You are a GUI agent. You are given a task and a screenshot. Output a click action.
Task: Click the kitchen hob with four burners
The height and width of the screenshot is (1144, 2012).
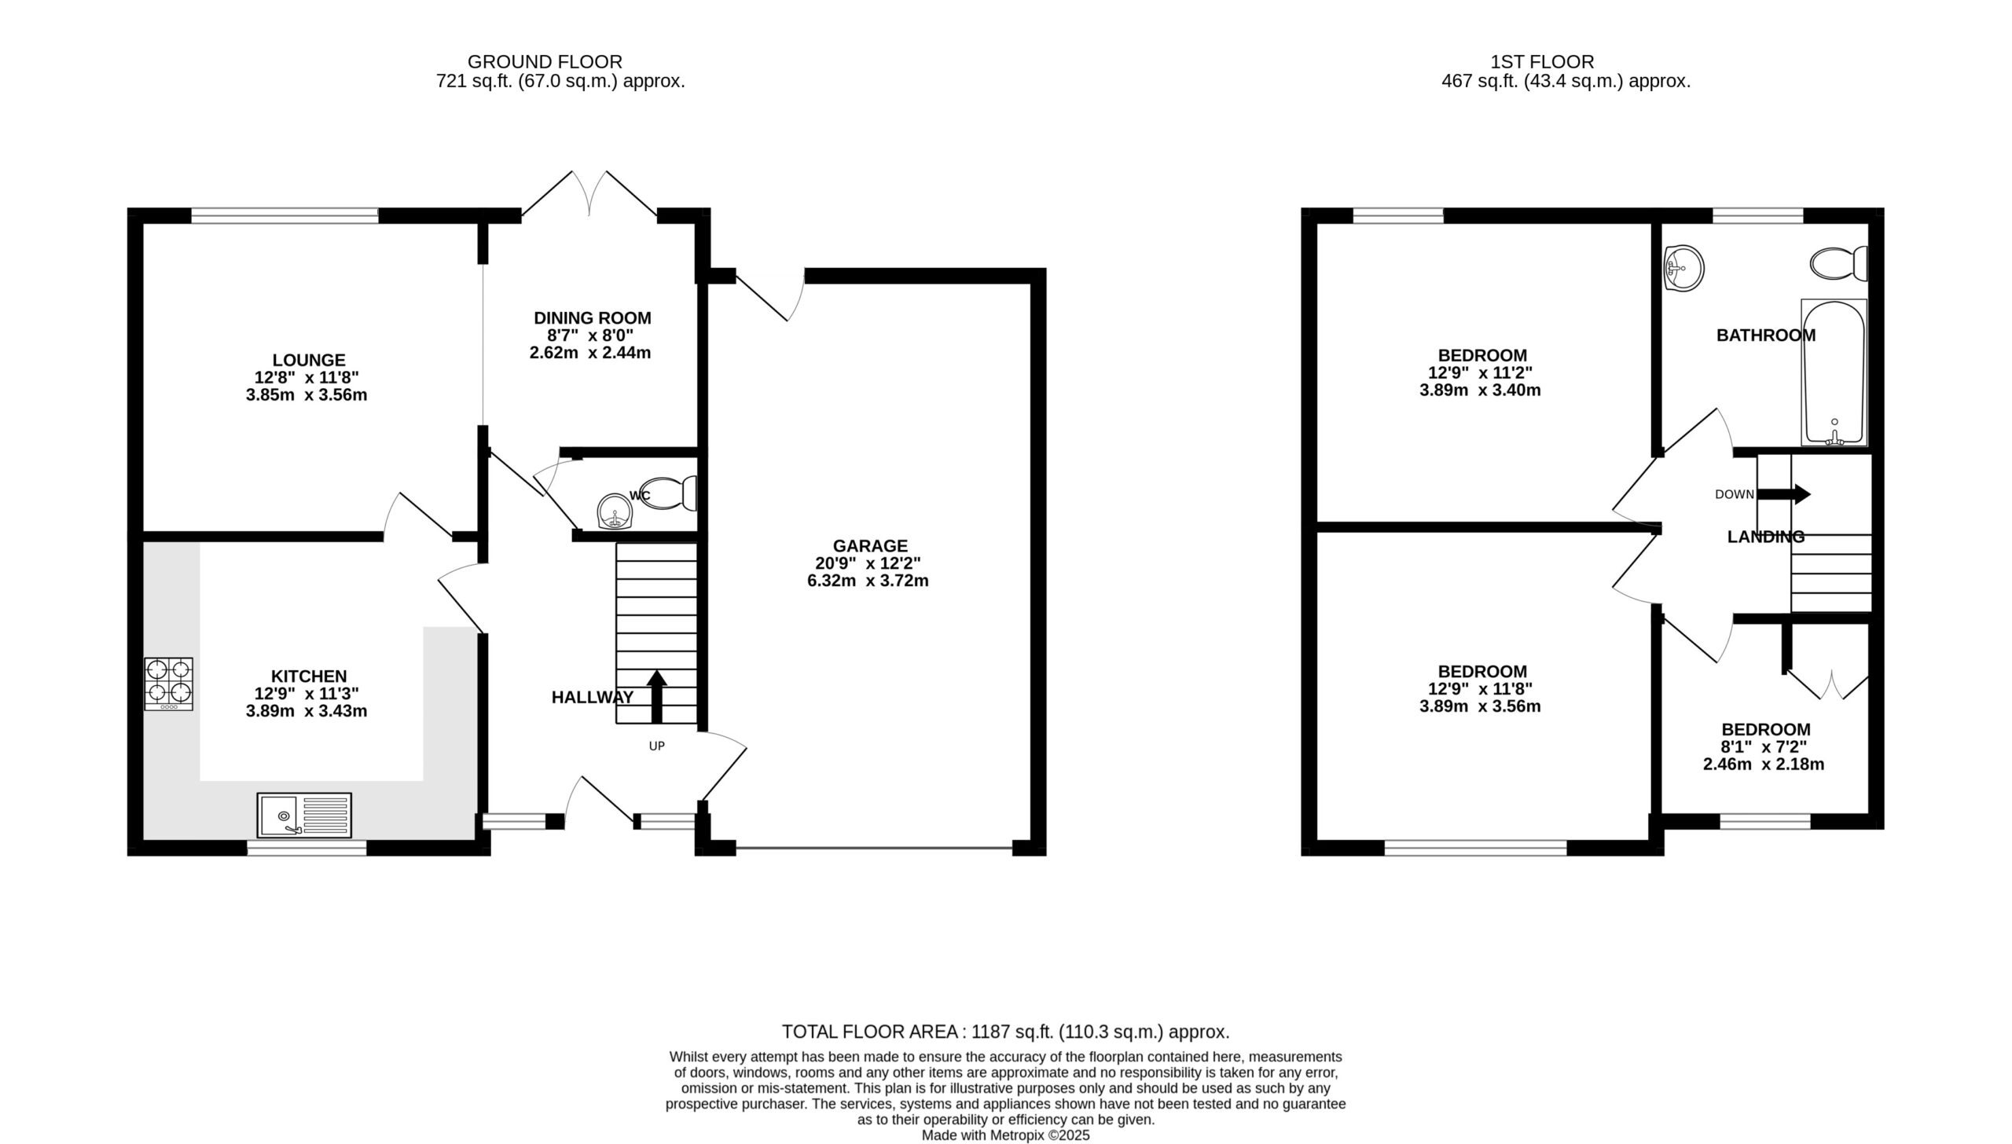coord(168,684)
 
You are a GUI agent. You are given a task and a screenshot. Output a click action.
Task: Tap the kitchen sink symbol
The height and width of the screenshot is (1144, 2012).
coord(304,815)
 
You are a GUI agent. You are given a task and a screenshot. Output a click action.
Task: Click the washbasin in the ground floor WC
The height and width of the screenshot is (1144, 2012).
coord(615,511)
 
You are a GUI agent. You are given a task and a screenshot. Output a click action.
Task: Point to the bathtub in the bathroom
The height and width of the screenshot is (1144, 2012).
coord(1834,372)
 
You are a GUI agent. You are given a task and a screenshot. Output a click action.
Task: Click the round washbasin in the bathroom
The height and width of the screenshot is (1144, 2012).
coord(1683,268)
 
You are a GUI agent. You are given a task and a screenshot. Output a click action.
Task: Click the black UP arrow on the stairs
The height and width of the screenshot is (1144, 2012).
coord(656,696)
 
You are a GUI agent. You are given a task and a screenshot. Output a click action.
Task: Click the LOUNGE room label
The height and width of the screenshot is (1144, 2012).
coord(309,360)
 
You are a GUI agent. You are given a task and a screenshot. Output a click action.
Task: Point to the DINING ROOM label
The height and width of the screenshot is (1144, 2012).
coord(593,318)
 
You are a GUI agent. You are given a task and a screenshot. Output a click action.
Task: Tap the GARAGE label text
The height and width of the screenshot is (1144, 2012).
coord(870,545)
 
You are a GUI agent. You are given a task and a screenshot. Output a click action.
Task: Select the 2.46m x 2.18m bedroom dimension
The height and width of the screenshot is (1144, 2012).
coord(1764,764)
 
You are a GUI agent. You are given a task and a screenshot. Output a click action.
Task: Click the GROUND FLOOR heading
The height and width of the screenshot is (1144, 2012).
coord(545,61)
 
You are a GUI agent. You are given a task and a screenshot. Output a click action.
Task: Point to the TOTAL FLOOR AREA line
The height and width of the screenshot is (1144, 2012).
coord(1005,1032)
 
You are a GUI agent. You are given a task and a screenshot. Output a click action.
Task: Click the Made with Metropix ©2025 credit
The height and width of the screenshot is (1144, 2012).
coord(1005,1135)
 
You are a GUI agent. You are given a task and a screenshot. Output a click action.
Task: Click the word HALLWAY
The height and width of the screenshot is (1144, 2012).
coord(592,697)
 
